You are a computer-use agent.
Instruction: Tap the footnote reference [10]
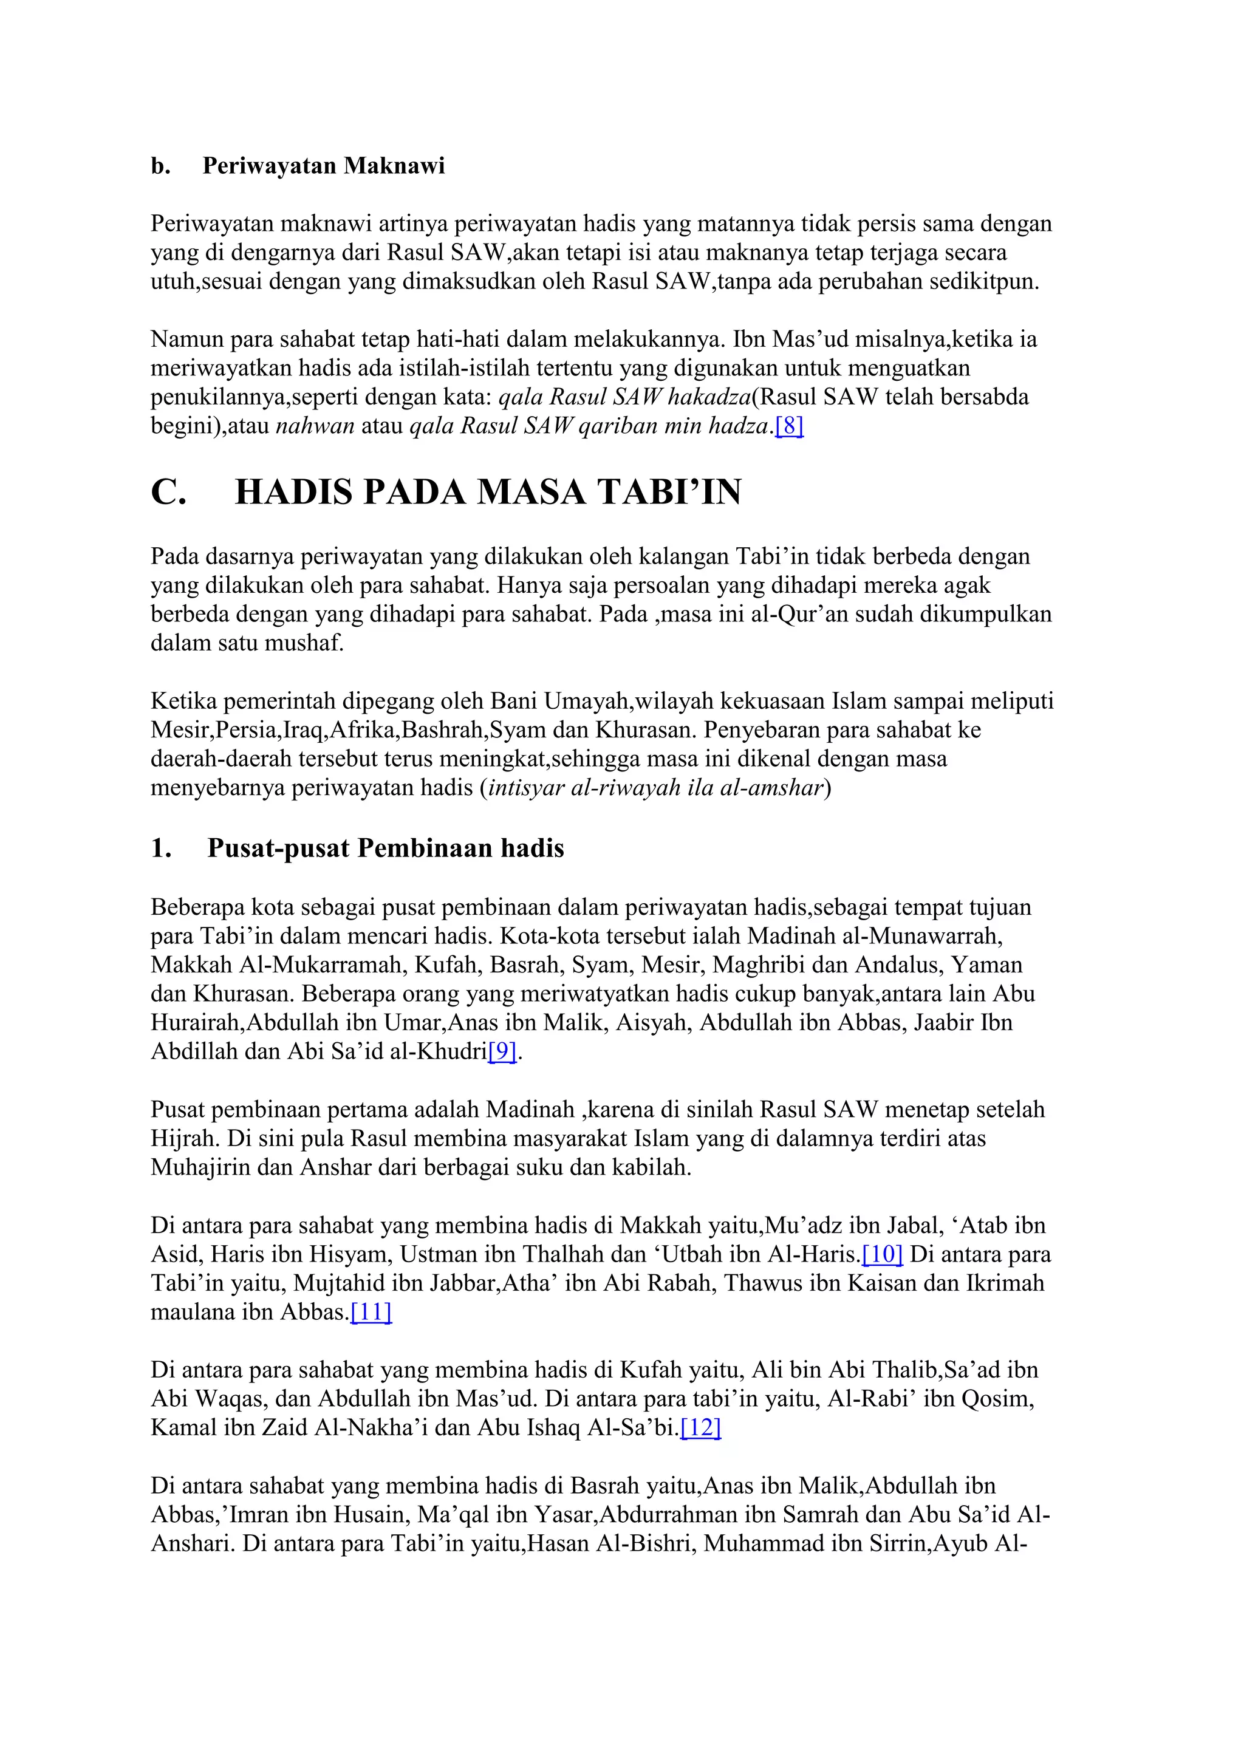click(x=883, y=1254)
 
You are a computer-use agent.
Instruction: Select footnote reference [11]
click(x=371, y=1313)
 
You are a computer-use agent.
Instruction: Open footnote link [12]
click(x=700, y=1428)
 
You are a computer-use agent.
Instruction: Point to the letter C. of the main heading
click(x=168, y=492)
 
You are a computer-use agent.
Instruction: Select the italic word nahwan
click(x=315, y=426)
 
